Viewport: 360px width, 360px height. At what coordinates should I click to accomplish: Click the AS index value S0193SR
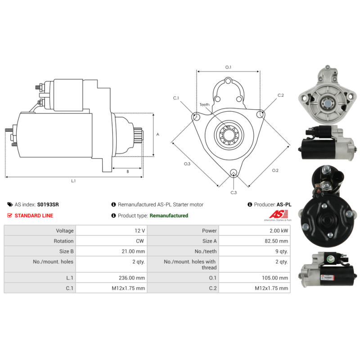click(x=48, y=204)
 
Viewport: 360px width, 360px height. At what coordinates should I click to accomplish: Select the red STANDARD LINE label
click(x=34, y=216)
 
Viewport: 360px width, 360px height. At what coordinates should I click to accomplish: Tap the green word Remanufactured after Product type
click(x=169, y=216)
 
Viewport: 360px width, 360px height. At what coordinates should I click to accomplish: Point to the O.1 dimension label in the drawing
click(x=228, y=67)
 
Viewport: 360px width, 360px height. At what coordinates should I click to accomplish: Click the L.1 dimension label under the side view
click(x=73, y=181)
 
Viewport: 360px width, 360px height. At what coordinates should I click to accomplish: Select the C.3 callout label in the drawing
click(x=234, y=193)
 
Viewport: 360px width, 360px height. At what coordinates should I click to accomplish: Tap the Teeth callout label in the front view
click(x=204, y=105)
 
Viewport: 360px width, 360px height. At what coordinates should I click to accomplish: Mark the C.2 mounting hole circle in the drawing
click(x=260, y=115)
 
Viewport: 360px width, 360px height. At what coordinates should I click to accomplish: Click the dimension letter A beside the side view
click(x=157, y=134)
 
